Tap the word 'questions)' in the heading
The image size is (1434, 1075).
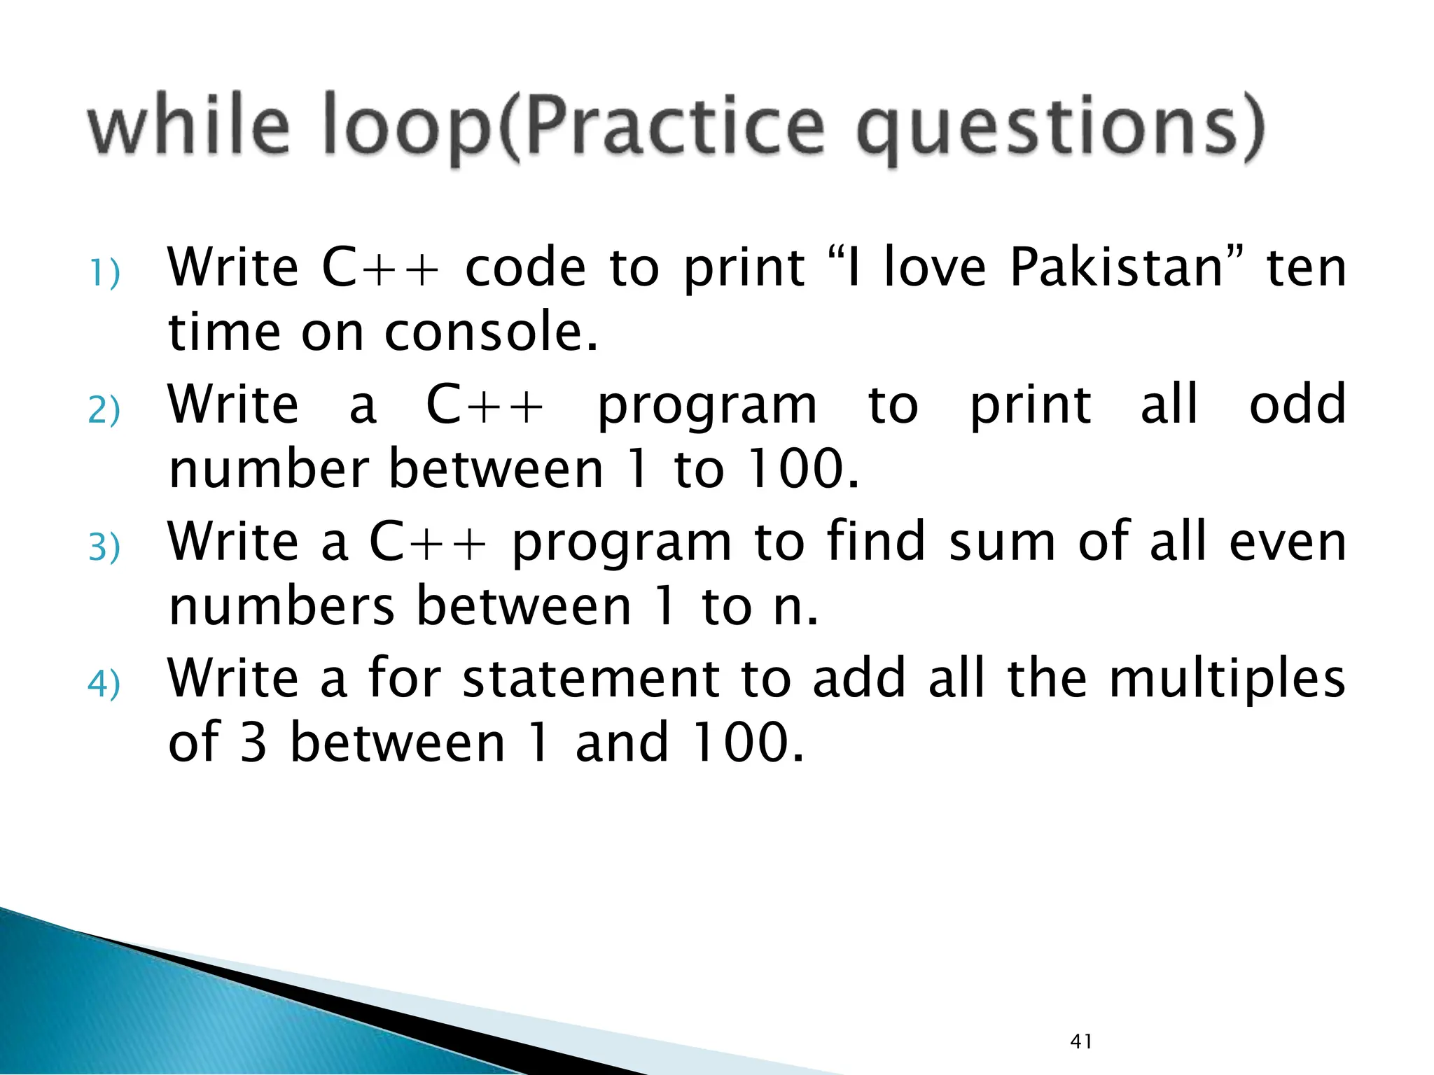[x=1061, y=129]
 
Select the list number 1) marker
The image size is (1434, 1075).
[x=104, y=273]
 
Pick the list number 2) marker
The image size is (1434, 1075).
[x=104, y=410]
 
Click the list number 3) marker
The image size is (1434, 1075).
[x=104, y=547]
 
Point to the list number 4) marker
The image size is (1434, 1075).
[x=104, y=684]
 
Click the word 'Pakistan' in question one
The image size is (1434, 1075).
[x=1116, y=268]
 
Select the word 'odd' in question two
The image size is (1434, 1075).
[x=1297, y=405]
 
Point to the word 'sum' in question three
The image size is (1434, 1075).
[x=1002, y=542]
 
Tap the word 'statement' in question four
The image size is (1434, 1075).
[x=591, y=678]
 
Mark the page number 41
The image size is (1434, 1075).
[x=1081, y=1041]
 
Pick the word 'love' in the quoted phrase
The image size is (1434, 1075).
[x=935, y=268]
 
